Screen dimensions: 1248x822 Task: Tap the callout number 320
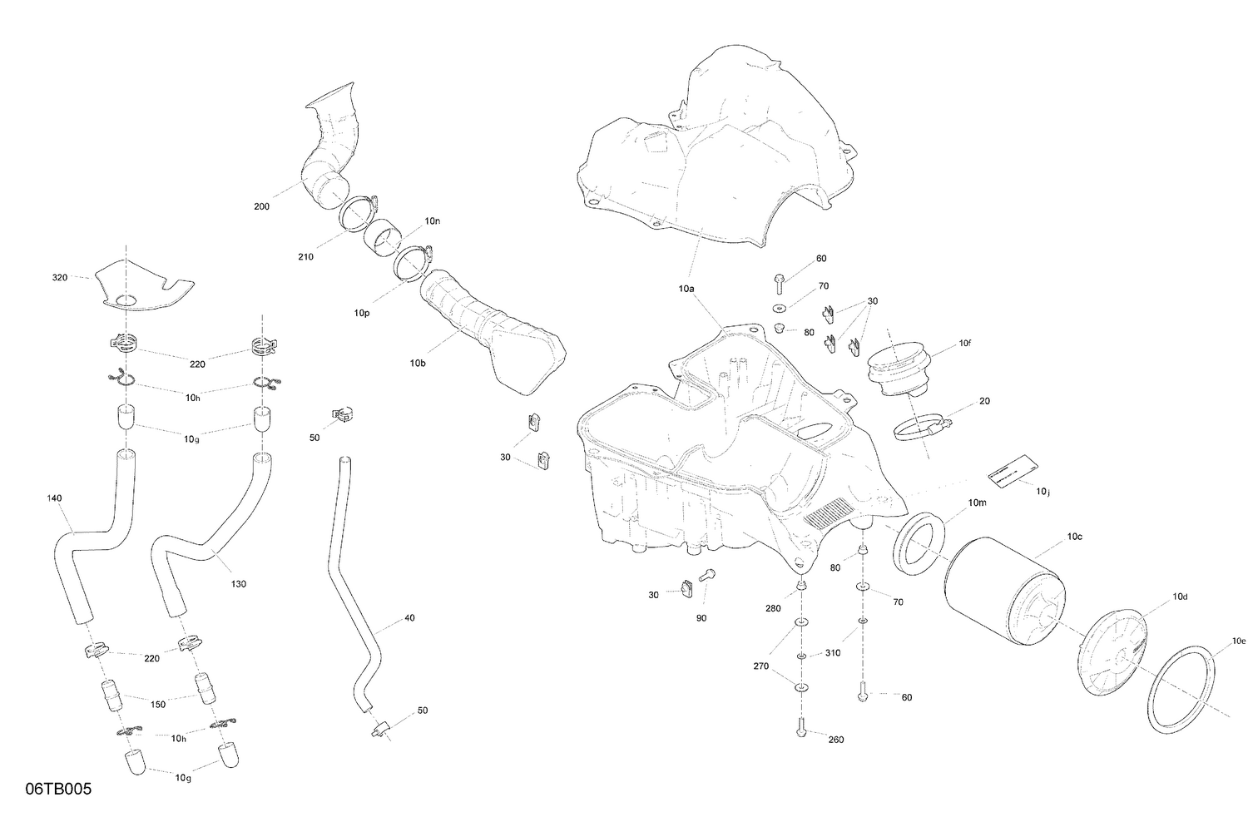click(x=59, y=277)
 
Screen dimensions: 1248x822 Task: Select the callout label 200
click(x=261, y=206)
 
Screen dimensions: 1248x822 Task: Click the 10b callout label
click(x=418, y=364)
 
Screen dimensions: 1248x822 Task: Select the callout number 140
click(x=54, y=498)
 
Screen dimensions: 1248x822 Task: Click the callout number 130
click(x=239, y=584)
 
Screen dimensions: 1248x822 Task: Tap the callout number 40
click(x=409, y=618)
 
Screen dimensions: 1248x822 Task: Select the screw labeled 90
click(x=709, y=574)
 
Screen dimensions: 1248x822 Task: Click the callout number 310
click(x=833, y=653)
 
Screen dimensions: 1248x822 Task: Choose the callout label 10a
click(x=686, y=289)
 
